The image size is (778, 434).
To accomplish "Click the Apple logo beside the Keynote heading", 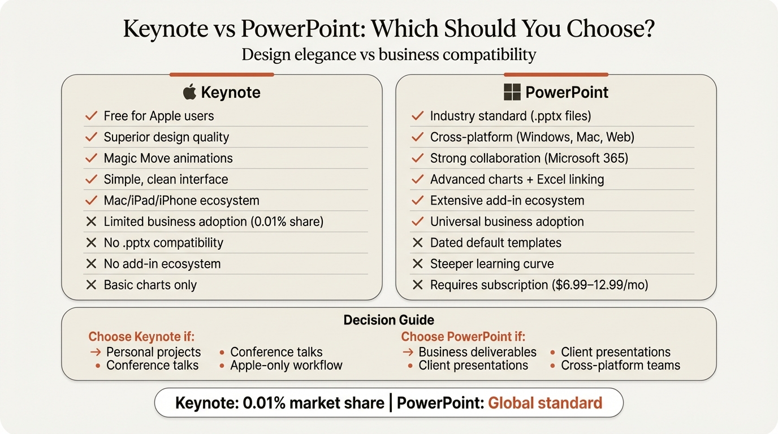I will point(189,92).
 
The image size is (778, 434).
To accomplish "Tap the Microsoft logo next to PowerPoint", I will point(512,92).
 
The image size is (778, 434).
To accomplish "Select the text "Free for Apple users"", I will point(158,116).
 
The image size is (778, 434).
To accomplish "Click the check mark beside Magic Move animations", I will point(91,158).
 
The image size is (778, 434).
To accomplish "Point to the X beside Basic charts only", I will point(91,285).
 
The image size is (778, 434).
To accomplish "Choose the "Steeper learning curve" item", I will point(491,264).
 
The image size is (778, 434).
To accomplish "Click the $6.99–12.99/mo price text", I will point(599,285).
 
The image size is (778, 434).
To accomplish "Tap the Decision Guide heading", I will point(388,320).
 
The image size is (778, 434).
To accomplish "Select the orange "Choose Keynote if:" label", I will point(141,337).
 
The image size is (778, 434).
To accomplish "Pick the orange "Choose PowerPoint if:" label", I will point(463,337).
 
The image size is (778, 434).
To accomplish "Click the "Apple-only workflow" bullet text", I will point(286,366).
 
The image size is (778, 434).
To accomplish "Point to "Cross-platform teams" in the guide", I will point(620,366).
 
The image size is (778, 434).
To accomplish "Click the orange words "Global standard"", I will point(544,403).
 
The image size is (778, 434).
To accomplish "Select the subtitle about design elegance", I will point(388,55).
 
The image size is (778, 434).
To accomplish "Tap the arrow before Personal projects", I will point(96,352).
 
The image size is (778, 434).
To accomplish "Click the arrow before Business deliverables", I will point(408,352).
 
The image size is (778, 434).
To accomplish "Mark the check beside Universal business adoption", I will point(417,222).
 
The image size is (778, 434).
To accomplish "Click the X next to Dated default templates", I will point(417,243).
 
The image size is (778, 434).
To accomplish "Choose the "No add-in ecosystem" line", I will point(162,264).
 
